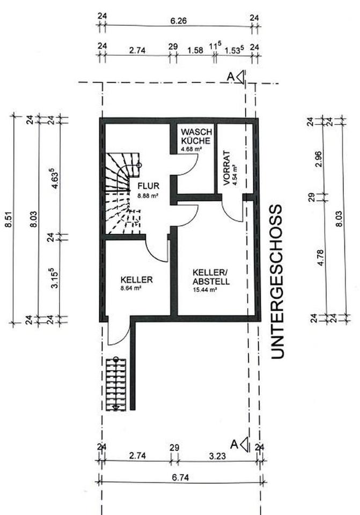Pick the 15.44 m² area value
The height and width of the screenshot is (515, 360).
[204, 289]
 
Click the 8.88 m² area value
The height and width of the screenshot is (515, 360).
[148, 196]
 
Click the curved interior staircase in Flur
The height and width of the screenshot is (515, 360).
[122, 193]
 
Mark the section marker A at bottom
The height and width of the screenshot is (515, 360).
[239, 444]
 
